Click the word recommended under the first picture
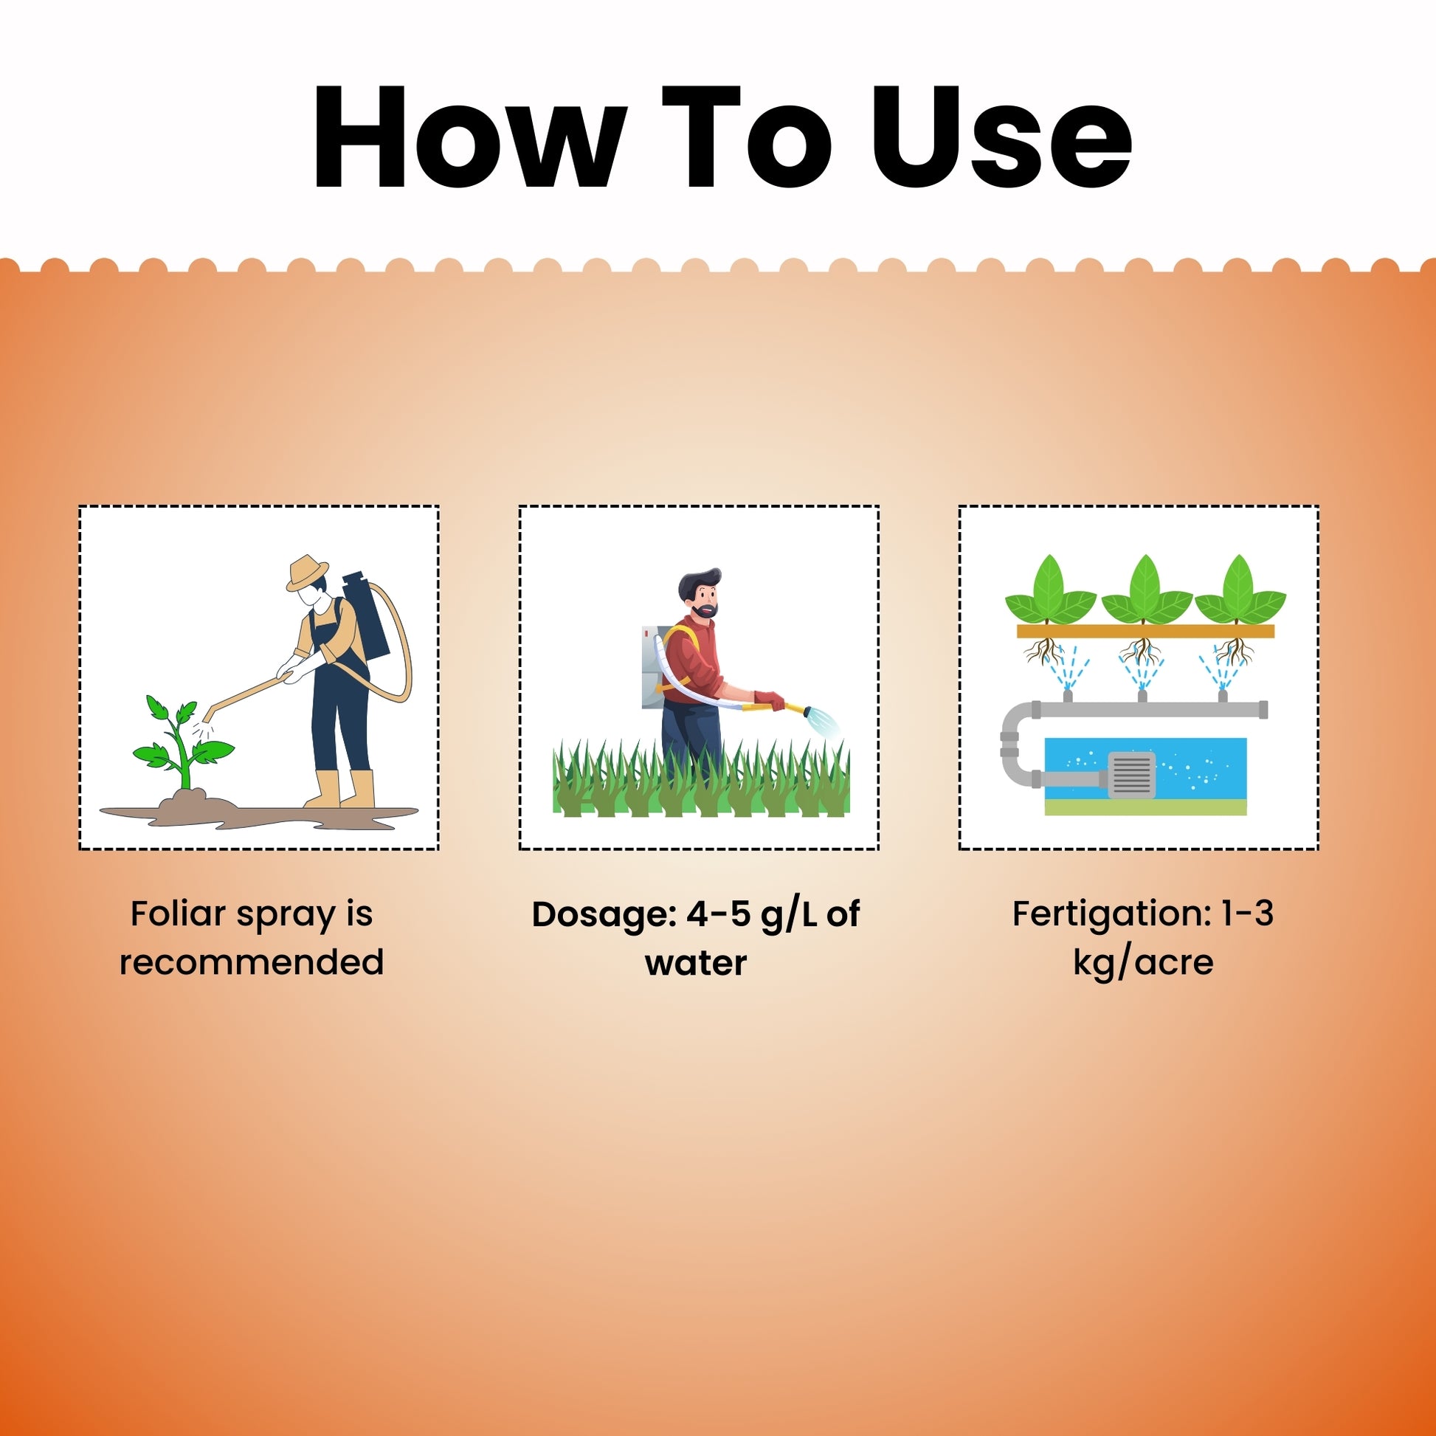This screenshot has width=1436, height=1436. (252, 962)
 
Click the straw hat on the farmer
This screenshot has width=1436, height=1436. (307, 573)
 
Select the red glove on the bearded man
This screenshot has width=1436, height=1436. (768, 700)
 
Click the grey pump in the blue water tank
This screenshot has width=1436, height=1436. (1131, 776)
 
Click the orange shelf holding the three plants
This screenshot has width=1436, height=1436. (1145, 632)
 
